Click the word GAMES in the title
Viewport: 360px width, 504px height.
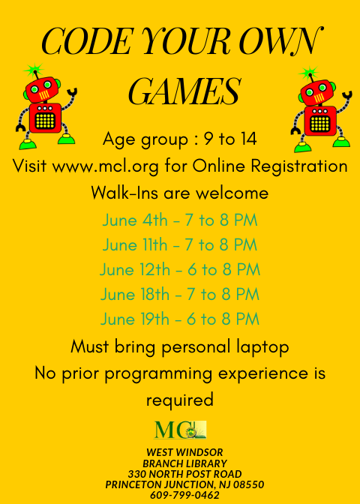[x=184, y=91]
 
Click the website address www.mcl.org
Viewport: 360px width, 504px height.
[x=105, y=166]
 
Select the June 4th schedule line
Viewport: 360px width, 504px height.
[x=180, y=220]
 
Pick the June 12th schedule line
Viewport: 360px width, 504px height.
[x=180, y=270]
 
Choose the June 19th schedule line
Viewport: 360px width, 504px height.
[x=180, y=319]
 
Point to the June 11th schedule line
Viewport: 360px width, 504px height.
[x=180, y=245]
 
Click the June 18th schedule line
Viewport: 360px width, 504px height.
[x=180, y=294]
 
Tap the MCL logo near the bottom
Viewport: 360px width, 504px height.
[x=180, y=430]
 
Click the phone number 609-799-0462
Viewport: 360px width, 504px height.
[x=184, y=495]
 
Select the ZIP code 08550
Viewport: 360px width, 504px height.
[x=248, y=484]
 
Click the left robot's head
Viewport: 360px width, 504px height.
[x=42, y=89]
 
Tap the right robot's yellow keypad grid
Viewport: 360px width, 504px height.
[x=320, y=124]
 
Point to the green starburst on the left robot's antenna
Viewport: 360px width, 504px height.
[x=34, y=70]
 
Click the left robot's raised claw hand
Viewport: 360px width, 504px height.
[x=72, y=93]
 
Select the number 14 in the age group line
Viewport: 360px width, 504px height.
[x=247, y=139]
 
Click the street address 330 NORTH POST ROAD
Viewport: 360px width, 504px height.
[x=184, y=474]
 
